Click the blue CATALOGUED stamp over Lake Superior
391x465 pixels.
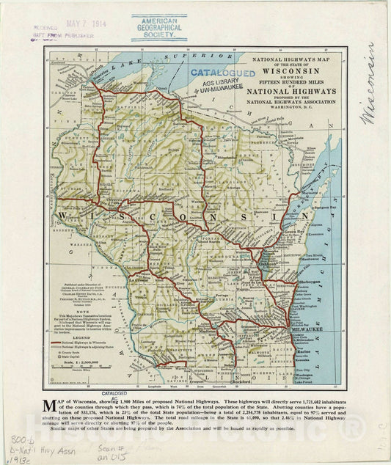click(222, 73)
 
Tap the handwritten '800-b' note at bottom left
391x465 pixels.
click(18, 433)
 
